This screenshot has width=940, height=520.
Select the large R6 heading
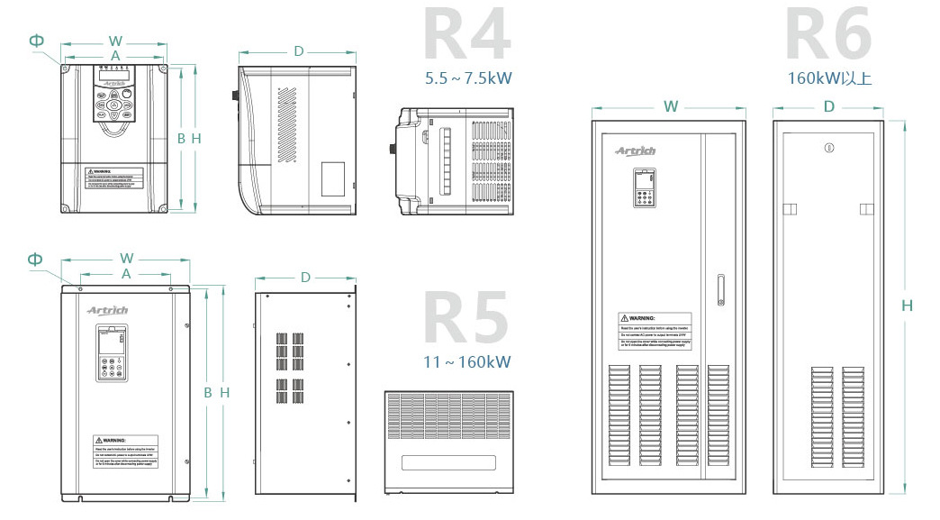[828, 36]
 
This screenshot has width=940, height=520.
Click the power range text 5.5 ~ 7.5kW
[467, 78]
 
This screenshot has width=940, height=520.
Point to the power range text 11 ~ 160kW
[466, 362]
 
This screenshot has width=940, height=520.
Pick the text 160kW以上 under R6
[829, 78]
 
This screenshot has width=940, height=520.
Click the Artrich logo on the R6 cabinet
[636, 151]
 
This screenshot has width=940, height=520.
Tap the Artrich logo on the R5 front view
[108, 310]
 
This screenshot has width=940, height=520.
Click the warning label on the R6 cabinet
[655, 330]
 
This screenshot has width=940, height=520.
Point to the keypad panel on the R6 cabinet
[644, 190]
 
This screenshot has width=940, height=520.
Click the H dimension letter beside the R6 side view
[907, 306]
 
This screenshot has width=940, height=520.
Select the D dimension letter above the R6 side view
[828, 106]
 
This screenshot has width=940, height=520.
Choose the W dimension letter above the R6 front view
[671, 106]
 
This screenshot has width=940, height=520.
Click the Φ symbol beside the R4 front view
[36, 41]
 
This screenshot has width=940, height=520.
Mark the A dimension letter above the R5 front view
[126, 272]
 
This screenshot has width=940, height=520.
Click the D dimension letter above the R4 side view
[299, 51]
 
